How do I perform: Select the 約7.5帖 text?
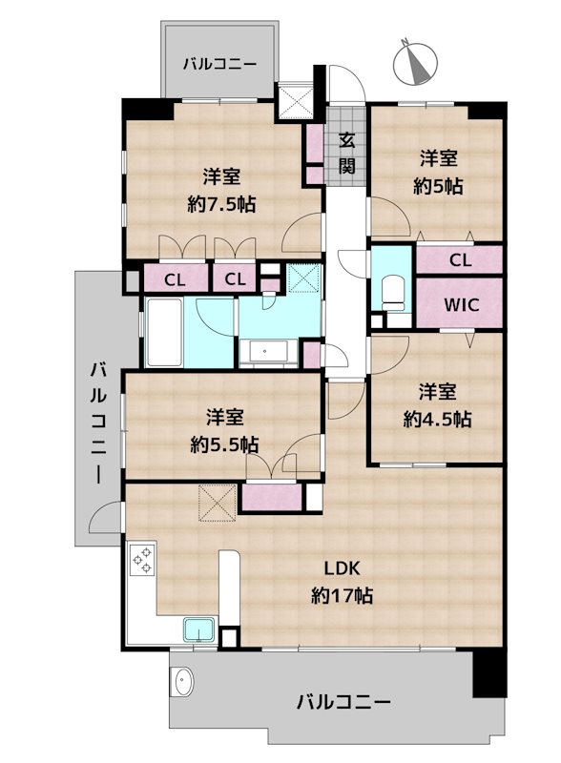tap(221, 190)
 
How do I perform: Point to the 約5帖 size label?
tap(438, 173)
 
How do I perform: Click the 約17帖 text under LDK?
tap(341, 596)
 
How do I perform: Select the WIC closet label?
tap(460, 305)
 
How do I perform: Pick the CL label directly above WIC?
tap(460, 259)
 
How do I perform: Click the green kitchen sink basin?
tap(199, 630)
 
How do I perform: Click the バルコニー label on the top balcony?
tap(219, 64)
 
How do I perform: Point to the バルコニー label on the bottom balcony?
tap(343, 702)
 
